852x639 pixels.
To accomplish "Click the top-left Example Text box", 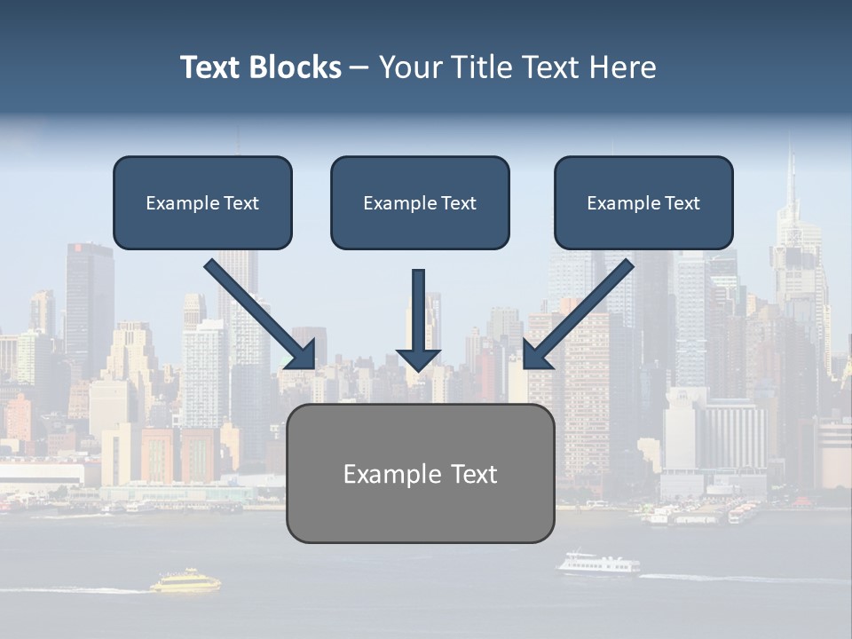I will (202, 202).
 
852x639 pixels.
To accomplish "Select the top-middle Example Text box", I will (420, 202).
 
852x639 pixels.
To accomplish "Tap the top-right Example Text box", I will (643, 202).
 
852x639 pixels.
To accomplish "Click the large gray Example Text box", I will (420, 473).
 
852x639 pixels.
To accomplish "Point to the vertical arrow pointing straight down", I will (418, 311).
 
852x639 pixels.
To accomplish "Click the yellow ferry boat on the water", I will (185, 581).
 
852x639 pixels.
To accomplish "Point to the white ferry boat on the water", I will (597, 564).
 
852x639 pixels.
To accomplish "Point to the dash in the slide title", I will (359, 67).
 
